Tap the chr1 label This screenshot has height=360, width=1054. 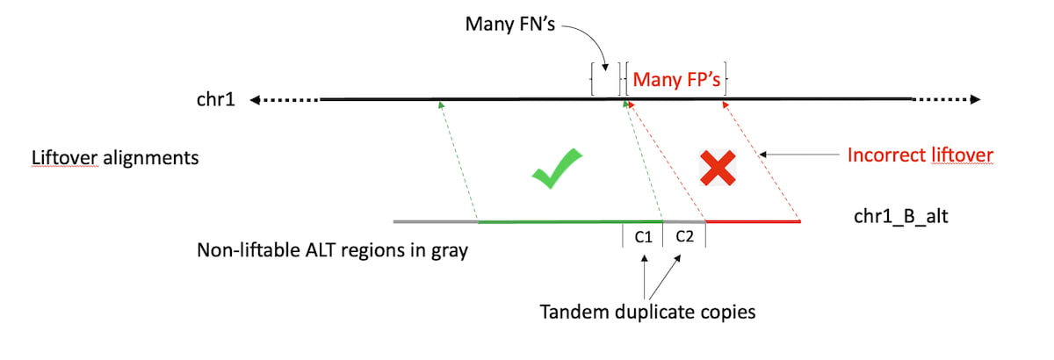point(214,100)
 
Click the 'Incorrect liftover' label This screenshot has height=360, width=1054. point(920,155)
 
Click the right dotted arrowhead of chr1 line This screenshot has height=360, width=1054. point(974,100)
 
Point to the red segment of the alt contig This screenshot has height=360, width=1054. point(753,222)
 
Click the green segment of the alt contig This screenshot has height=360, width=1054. point(553,222)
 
